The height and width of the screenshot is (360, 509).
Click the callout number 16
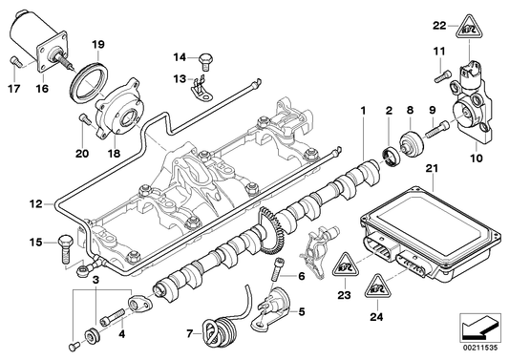pos(41,89)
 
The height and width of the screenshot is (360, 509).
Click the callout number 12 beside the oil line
pos(35,203)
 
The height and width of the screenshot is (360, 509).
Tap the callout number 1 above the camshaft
pos(363,114)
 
